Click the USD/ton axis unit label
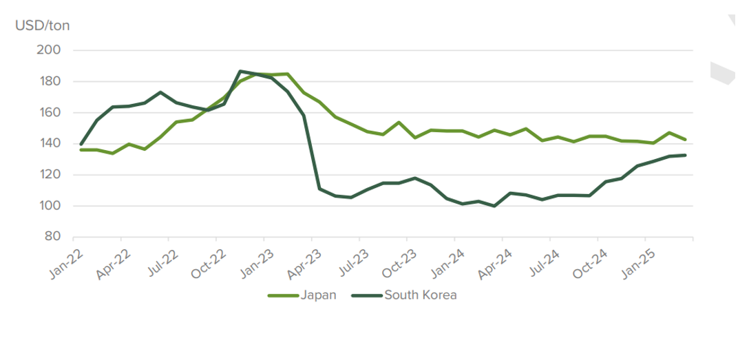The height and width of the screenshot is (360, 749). click(x=43, y=26)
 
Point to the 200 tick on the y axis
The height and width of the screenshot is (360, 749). click(x=52, y=50)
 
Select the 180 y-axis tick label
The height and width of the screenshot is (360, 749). click(x=52, y=81)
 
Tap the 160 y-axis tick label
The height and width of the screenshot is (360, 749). click(x=52, y=112)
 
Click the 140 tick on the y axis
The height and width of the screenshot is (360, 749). click(x=52, y=144)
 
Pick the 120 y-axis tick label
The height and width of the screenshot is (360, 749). click(x=52, y=175)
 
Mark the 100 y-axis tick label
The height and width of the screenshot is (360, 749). click(x=52, y=206)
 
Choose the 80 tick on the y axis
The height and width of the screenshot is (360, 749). click(x=55, y=237)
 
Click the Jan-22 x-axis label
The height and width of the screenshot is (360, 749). click(x=66, y=263)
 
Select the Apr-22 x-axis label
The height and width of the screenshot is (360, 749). click(x=114, y=263)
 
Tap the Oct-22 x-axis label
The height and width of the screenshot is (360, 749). click(x=209, y=263)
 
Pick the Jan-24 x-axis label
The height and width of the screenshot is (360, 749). click(x=448, y=263)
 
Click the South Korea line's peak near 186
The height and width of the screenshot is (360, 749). click(x=240, y=71)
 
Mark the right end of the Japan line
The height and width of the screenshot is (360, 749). click(x=685, y=140)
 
